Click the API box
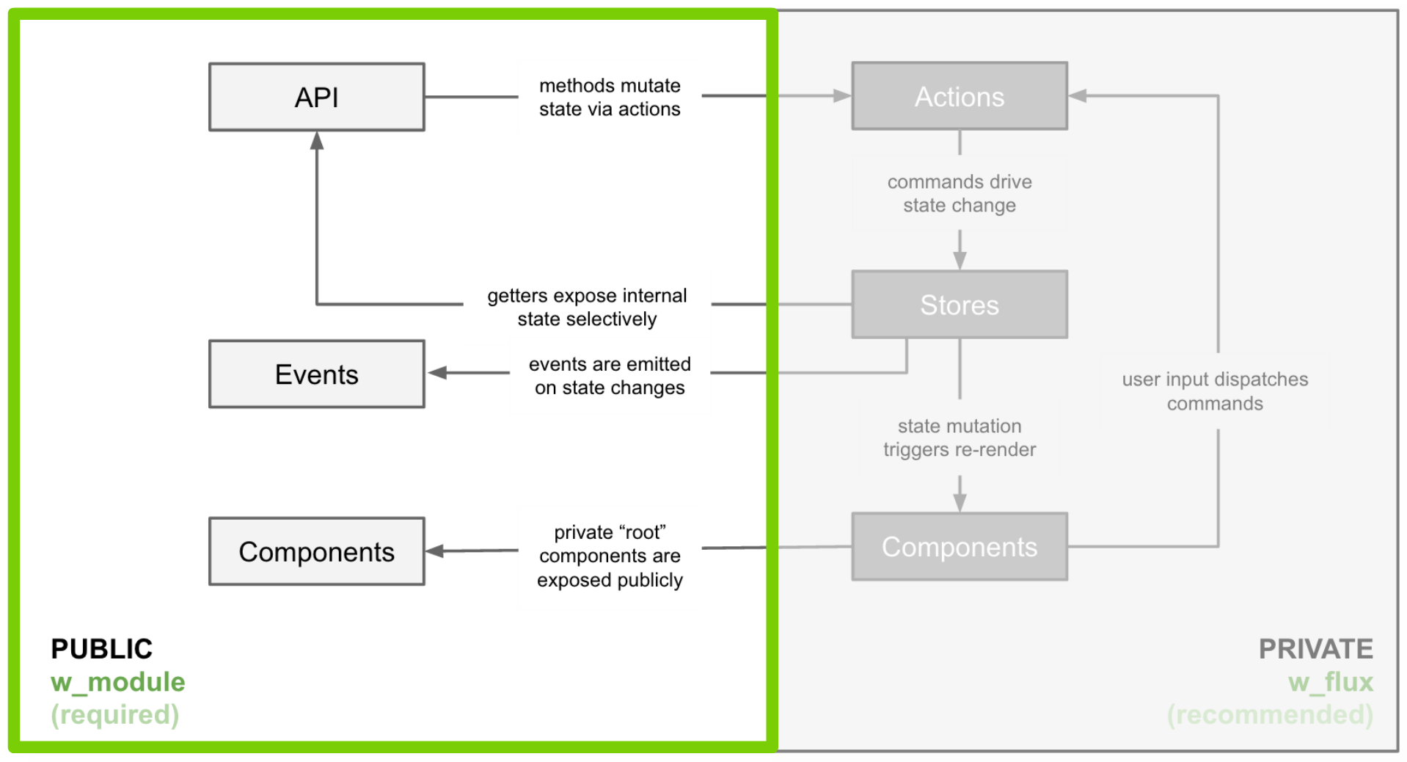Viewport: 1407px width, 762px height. (x=316, y=97)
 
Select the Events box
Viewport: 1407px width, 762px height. (x=316, y=374)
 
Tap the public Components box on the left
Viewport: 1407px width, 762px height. (x=316, y=551)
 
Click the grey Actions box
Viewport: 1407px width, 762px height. (x=959, y=96)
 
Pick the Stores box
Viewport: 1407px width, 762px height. (x=959, y=305)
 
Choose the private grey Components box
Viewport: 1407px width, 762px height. (x=959, y=547)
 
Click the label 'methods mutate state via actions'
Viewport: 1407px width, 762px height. (x=610, y=97)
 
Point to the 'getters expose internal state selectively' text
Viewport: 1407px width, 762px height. (x=587, y=307)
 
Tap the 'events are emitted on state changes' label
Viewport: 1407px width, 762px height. (x=610, y=376)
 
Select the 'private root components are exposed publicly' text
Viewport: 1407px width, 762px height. (x=610, y=556)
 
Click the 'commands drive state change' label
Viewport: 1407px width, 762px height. (x=959, y=193)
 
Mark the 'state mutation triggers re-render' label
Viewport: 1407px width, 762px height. (x=959, y=438)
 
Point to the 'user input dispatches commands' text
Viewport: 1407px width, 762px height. (x=1215, y=391)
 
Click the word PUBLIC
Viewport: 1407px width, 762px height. (x=101, y=649)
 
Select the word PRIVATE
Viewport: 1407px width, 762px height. (x=1315, y=649)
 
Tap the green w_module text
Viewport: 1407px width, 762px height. (x=117, y=682)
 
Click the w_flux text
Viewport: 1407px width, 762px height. (x=1331, y=682)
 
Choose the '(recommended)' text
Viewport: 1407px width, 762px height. (x=1270, y=714)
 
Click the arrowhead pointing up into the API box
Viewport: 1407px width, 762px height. (x=317, y=140)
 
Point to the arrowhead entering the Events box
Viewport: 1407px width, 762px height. (x=438, y=373)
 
